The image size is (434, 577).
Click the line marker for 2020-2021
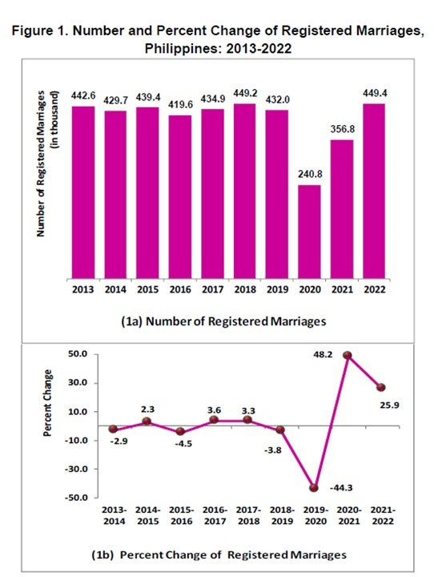(x=348, y=355)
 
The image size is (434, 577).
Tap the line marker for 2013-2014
(x=115, y=430)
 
